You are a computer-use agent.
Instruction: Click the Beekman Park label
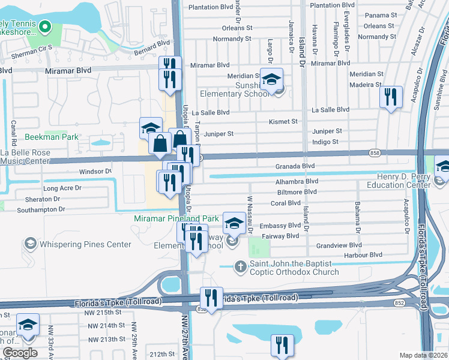(x=52, y=137)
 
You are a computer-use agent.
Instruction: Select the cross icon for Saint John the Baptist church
(x=241, y=266)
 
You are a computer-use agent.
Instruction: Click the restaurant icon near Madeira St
(x=391, y=96)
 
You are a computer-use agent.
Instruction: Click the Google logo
(x=20, y=353)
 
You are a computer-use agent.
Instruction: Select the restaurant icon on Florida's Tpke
(x=211, y=297)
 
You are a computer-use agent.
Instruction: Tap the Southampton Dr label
(x=41, y=209)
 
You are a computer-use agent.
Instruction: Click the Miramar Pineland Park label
(x=176, y=219)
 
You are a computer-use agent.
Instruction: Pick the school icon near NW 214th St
(x=28, y=325)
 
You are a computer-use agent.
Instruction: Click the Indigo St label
(x=326, y=142)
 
